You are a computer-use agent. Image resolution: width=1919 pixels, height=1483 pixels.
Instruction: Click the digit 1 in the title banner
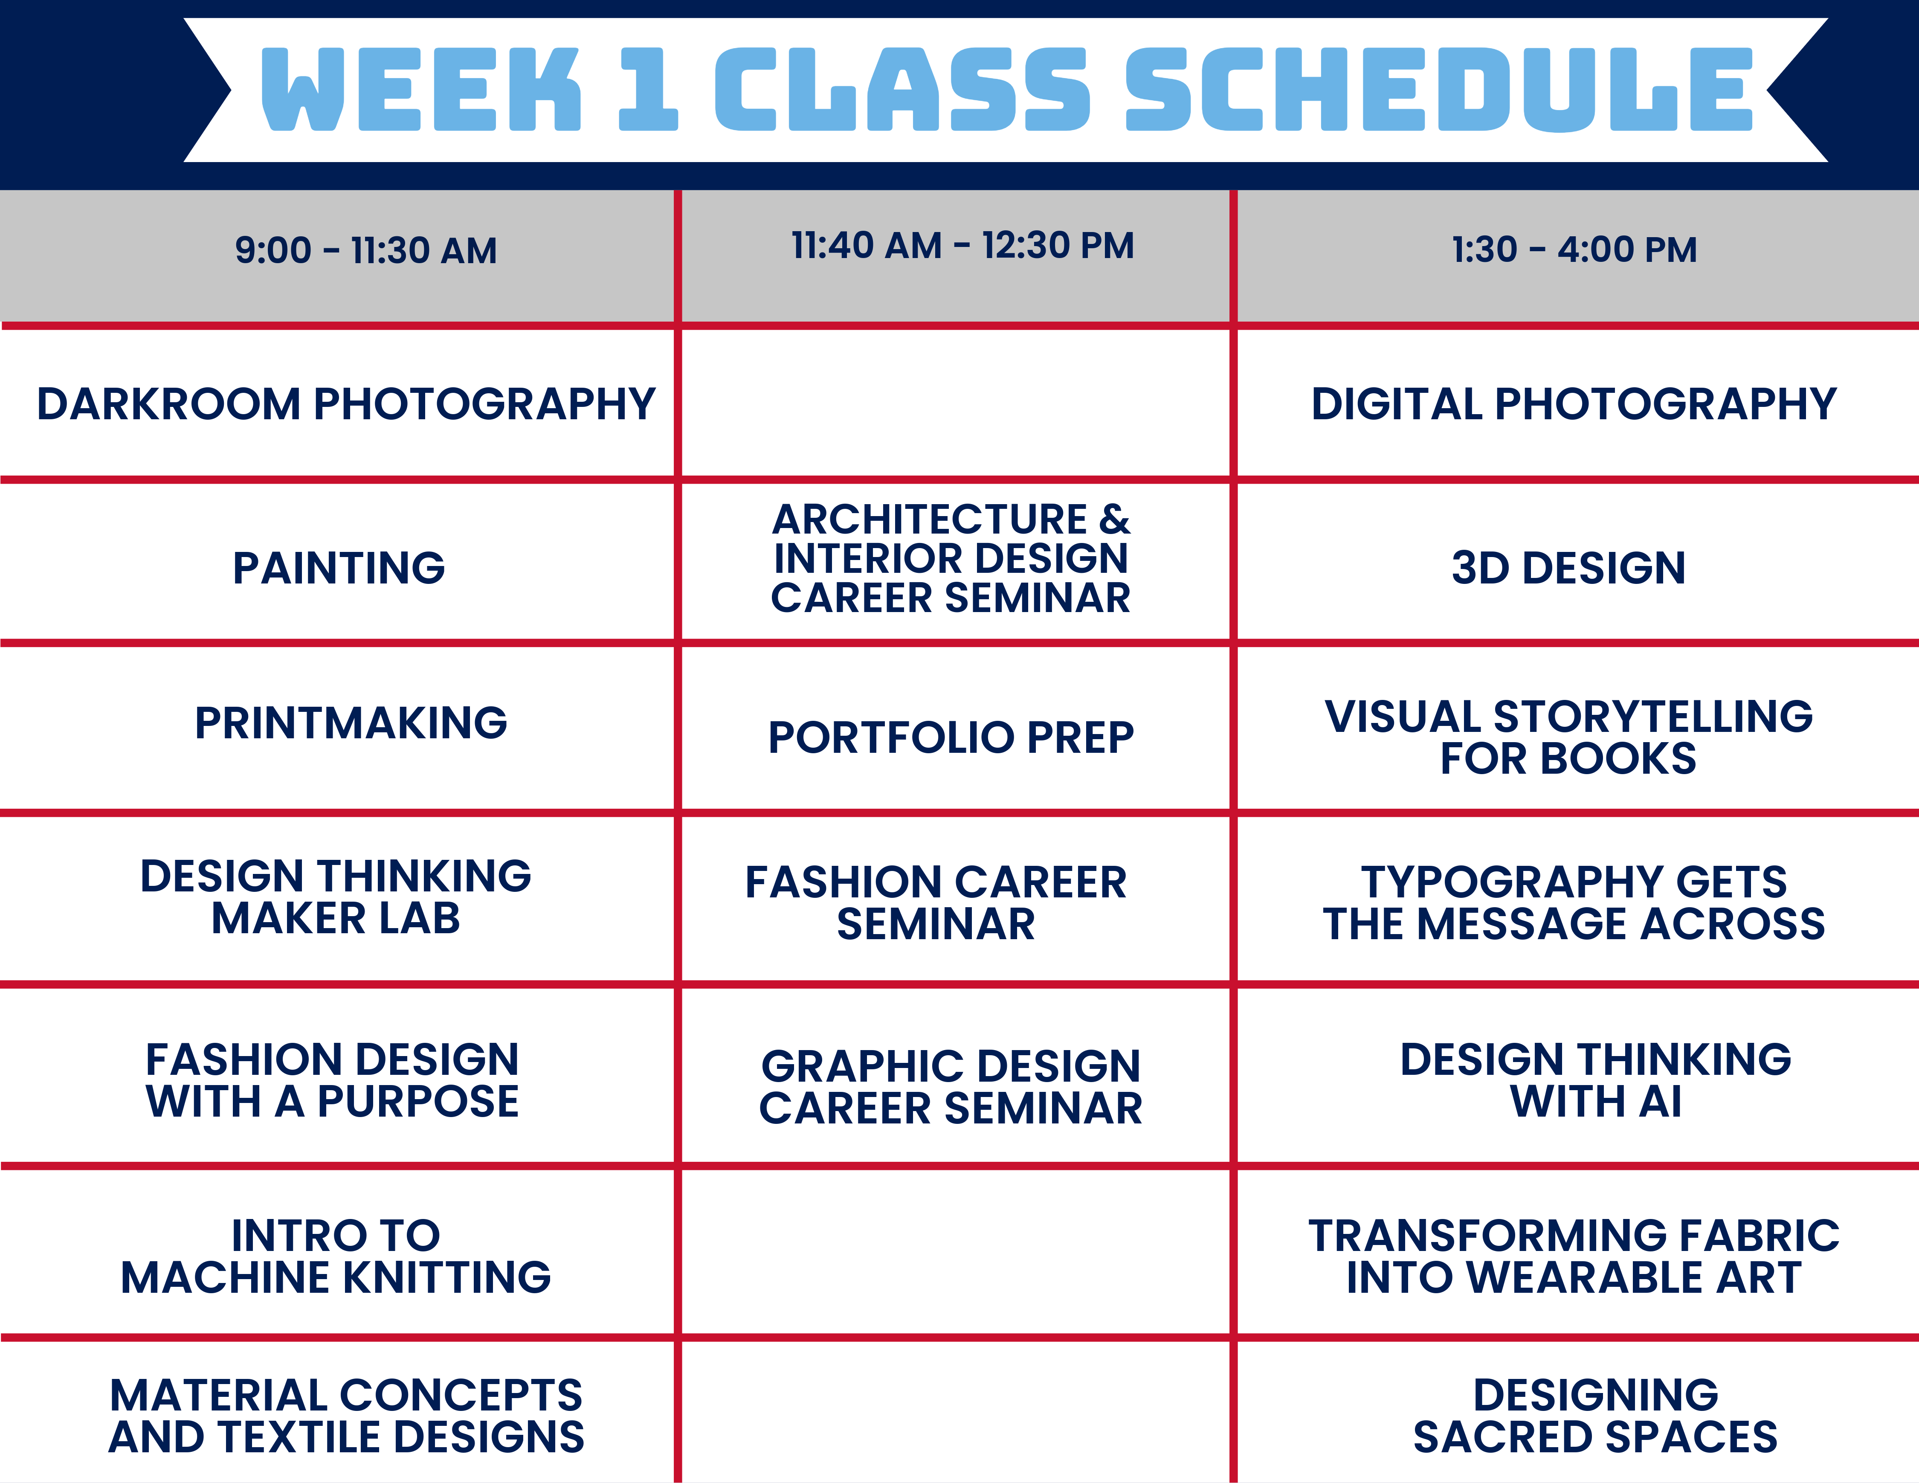tap(649, 90)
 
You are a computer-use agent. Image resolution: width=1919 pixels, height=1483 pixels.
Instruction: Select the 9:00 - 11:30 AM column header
tap(365, 250)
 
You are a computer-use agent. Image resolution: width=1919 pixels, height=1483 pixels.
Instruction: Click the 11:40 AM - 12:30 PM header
tap(962, 246)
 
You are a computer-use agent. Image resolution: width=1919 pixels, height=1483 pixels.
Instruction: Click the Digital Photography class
tap(1574, 404)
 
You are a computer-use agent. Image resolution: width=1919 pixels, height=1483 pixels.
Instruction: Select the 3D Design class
tap(1568, 568)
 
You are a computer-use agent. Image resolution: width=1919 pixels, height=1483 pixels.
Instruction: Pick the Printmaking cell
tap(351, 723)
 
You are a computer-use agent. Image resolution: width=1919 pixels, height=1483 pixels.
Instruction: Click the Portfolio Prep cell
tap(951, 737)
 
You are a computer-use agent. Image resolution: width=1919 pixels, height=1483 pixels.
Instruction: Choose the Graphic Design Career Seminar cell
tap(951, 1087)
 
